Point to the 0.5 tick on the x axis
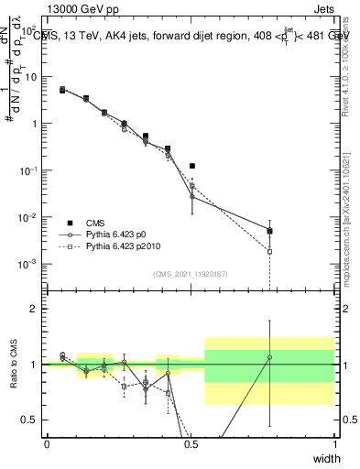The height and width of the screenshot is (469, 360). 191,444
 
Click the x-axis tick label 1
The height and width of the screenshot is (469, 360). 334,444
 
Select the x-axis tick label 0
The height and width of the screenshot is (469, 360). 47,444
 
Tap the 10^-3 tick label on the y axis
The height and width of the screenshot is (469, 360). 28,265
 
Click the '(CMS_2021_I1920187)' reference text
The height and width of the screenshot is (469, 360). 191,274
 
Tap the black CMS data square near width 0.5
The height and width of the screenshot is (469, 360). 192,166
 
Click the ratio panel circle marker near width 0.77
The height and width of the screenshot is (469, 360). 269,357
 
